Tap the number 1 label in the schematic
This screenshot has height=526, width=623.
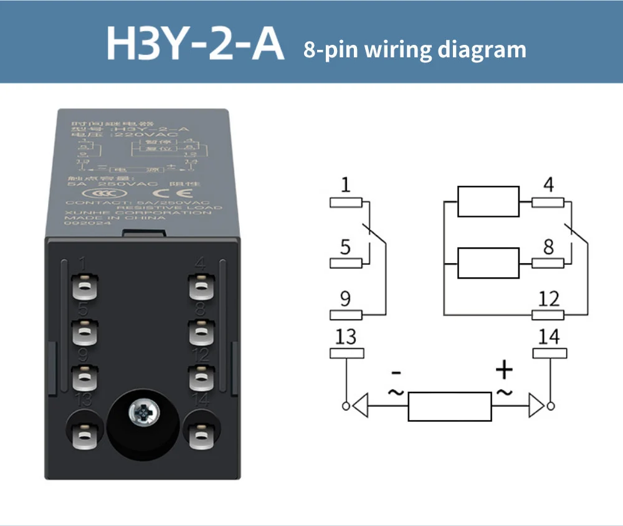point(346,185)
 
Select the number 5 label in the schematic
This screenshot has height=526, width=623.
point(346,247)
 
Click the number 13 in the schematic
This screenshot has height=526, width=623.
point(346,337)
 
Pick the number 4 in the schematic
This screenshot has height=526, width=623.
point(548,185)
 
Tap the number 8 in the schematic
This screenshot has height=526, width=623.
point(548,247)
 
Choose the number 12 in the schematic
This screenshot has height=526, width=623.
point(548,299)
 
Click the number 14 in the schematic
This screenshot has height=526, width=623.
point(549,337)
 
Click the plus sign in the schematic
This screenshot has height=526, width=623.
point(504,371)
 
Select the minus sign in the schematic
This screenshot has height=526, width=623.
point(396,373)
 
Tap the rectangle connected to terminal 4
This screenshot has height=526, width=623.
point(488,201)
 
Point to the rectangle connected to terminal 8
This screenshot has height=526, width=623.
point(488,263)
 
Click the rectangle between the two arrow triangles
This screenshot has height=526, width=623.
point(450,406)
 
